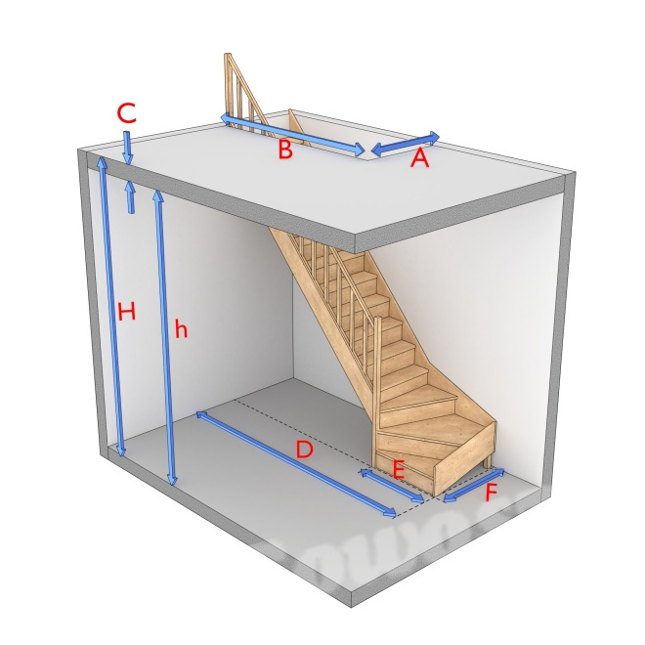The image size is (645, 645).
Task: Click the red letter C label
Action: point(126,113)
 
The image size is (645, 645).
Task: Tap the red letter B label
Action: point(285,150)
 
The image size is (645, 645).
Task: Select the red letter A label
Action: point(419,158)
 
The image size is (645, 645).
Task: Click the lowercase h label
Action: point(181,328)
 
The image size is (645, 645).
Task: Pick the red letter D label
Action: point(304,450)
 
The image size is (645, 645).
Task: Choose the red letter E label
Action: point(399,470)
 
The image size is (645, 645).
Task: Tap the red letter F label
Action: point(492,492)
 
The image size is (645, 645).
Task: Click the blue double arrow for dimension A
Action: point(406,144)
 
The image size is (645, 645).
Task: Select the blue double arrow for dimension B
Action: point(292,135)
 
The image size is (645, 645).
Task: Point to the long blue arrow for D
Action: point(296,463)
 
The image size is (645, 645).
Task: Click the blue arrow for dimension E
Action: point(392,486)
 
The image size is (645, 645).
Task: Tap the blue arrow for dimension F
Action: point(474,486)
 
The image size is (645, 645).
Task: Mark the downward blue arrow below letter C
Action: point(128,149)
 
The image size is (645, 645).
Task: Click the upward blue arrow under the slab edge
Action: point(130,197)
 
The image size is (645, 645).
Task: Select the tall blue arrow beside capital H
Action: point(111,308)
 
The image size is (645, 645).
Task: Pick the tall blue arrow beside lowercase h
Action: point(165,337)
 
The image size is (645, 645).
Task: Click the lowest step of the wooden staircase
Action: point(406,471)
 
